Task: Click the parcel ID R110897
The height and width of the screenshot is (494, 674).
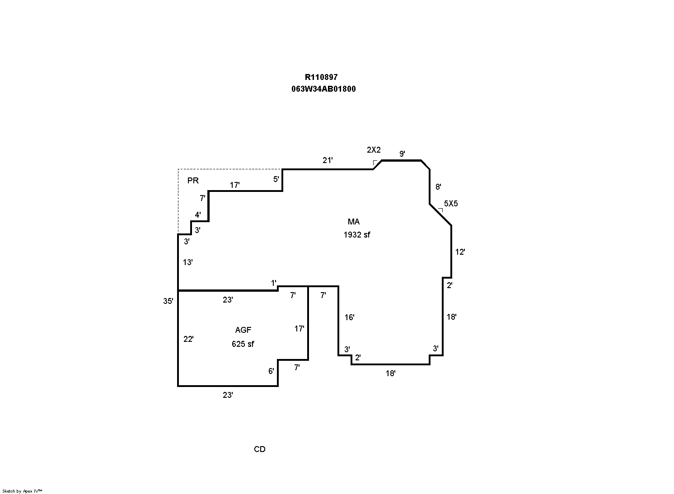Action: tap(321, 77)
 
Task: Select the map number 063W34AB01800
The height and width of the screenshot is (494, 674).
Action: tap(323, 89)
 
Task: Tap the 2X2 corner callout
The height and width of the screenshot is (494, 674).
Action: tap(374, 150)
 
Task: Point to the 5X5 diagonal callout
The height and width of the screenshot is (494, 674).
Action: tap(451, 204)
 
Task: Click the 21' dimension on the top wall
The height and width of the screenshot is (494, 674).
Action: tap(328, 160)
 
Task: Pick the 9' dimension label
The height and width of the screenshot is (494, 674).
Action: tap(402, 154)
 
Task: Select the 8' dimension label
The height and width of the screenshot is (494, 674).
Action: tap(438, 186)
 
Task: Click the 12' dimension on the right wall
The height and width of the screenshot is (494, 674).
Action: tap(460, 252)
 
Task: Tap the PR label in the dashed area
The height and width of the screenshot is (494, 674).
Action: tap(193, 181)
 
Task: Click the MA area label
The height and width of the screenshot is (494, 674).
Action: tap(353, 222)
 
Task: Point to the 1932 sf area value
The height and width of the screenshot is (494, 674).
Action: tap(357, 235)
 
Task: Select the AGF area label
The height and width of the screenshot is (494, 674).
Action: tap(243, 330)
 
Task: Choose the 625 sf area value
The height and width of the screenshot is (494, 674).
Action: tap(243, 344)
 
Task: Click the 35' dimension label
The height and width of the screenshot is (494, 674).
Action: tap(168, 301)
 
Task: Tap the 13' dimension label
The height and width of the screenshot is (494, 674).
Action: tap(188, 262)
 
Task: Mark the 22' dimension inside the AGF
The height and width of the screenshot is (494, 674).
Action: tap(189, 339)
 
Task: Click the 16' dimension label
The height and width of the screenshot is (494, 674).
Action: tap(349, 317)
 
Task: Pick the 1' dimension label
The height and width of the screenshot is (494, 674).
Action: tap(274, 283)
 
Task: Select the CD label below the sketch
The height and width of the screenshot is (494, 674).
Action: tap(260, 449)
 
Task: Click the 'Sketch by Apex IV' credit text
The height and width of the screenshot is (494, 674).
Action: tap(22, 491)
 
